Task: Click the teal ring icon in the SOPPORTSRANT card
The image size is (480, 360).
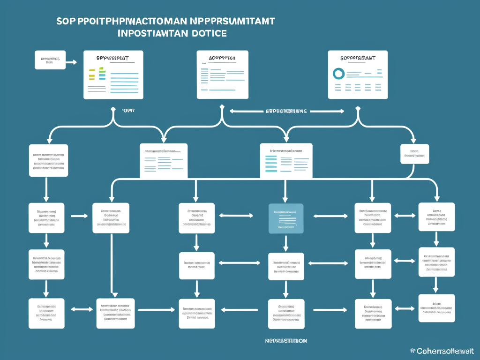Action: tap(338, 73)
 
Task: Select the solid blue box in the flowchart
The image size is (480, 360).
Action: tap(285, 218)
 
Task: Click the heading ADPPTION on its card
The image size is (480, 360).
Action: tap(222, 58)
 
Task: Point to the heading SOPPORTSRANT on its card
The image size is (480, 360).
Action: tap(358, 58)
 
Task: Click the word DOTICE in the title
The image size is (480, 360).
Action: tap(209, 34)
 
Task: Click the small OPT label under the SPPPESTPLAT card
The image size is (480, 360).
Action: tap(127, 111)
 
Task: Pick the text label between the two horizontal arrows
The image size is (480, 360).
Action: tap(286, 112)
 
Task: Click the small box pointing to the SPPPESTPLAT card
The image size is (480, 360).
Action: tap(50, 60)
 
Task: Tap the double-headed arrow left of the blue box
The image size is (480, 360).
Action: tap(236, 216)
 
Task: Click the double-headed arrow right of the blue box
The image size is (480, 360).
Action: tap(330, 216)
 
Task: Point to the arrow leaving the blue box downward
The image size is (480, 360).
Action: tap(285, 243)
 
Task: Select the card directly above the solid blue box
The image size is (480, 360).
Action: tap(286, 161)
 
